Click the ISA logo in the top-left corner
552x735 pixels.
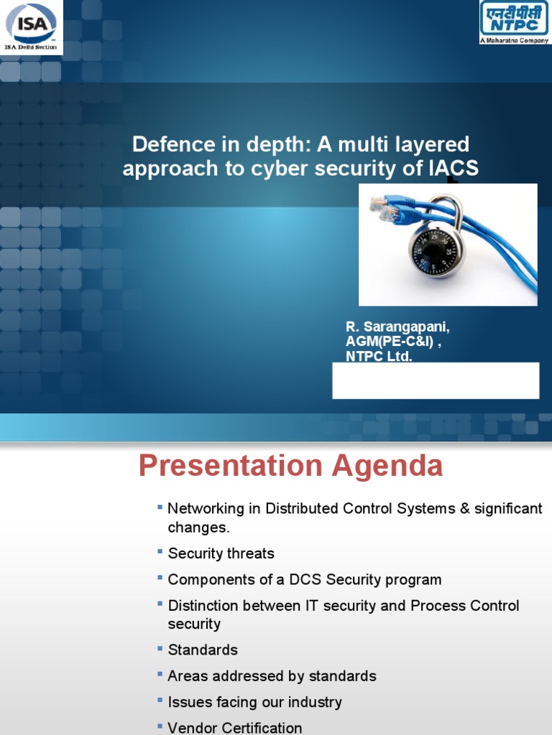[31, 27]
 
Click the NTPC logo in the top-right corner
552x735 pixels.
[513, 22]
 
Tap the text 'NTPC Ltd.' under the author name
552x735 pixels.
[379, 357]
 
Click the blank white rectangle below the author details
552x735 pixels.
[436, 380]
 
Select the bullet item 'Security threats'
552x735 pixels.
[221, 553]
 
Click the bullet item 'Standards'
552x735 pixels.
[202, 650]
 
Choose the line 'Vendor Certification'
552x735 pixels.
[234, 728]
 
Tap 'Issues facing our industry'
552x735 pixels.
[254, 702]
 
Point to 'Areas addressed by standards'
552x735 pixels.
[272, 676]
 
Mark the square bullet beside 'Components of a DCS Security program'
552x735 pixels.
[160, 578]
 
